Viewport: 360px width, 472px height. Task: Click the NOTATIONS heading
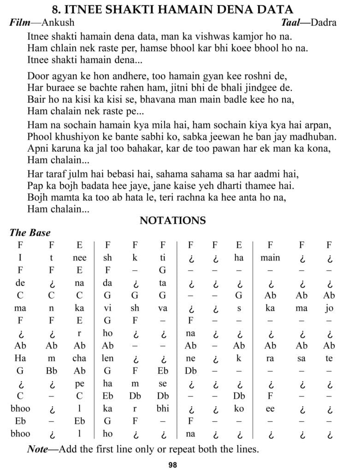173,220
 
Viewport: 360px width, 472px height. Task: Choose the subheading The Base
30,233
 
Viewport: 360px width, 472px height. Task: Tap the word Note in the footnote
37,449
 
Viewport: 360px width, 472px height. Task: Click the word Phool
41,137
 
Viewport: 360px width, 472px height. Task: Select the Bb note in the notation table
51,370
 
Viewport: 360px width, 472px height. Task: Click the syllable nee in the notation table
80,258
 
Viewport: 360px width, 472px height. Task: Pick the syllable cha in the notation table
79,358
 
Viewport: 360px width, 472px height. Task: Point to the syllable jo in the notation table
329,308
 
